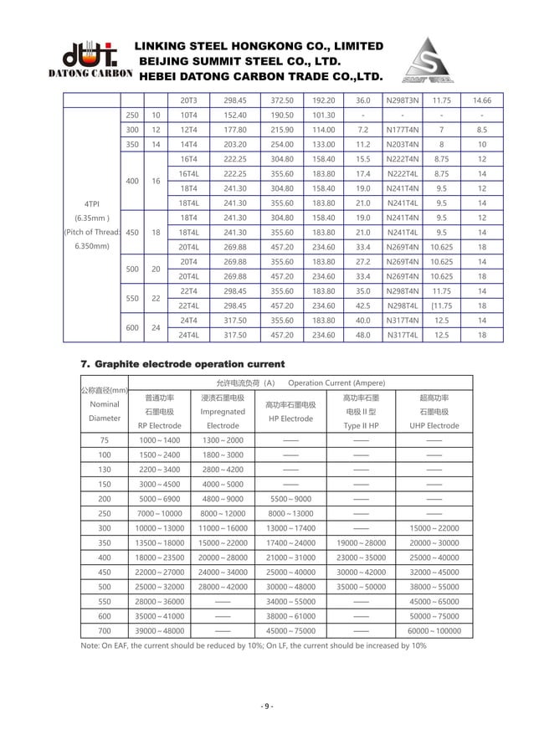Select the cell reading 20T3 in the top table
pyautogui.click(x=188, y=100)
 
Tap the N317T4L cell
pyautogui.click(x=402, y=335)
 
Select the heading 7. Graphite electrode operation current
pyautogui.click(x=182, y=364)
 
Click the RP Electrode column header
pyautogui.click(x=159, y=425)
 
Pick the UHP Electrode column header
pyautogui.click(x=434, y=425)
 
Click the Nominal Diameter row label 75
pyautogui.click(x=104, y=440)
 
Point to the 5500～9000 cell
pyautogui.click(x=290, y=499)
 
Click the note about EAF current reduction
pyautogui.click(x=254, y=646)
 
